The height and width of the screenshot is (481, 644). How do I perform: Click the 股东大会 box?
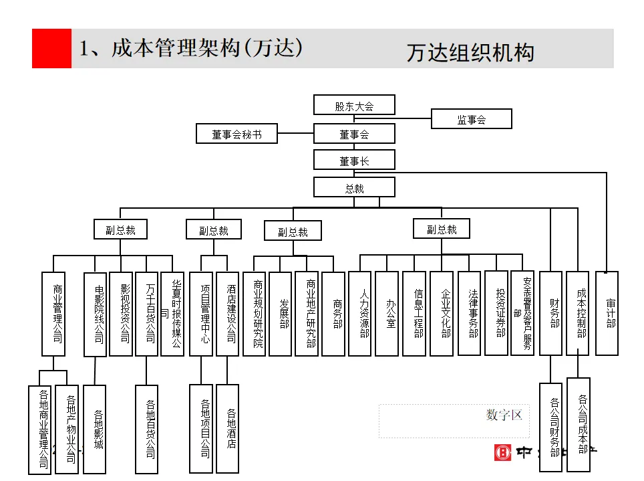coord(354,105)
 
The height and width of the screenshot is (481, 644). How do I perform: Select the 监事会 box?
coord(472,119)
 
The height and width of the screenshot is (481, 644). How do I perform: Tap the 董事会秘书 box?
coord(236,134)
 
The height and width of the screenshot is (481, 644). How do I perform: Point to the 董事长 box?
coord(354,160)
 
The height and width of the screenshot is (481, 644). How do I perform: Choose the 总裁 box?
coord(354,187)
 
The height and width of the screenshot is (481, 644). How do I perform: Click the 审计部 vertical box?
coord(607,313)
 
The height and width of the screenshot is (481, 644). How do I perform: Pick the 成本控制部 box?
coord(578,313)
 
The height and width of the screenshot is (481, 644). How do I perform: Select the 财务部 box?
coord(551,313)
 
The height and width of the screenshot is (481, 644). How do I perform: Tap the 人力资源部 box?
coord(360,313)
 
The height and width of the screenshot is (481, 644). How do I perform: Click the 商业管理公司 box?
coord(53,313)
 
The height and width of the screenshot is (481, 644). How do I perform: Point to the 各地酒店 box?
coord(228,429)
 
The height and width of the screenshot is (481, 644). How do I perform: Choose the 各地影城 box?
coord(95,429)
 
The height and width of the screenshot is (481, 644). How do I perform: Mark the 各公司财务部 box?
coord(551,428)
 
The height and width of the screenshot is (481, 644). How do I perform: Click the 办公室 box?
coord(387,313)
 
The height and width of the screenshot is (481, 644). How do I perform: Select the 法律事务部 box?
coord(470,313)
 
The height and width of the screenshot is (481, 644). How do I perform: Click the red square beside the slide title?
coord(51,48)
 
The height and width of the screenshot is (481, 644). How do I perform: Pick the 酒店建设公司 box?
coord(228,313)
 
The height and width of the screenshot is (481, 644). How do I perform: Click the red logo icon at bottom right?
coord(502,453)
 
